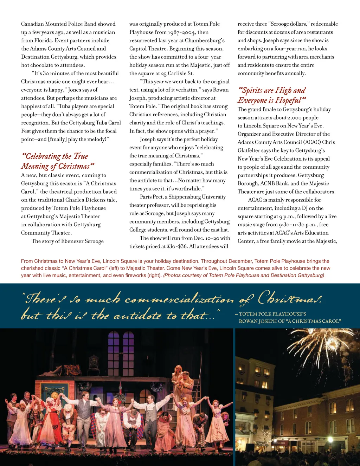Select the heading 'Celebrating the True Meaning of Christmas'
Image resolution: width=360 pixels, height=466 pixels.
coord(57,161)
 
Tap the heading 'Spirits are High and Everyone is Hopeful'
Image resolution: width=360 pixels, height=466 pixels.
coord(272,95)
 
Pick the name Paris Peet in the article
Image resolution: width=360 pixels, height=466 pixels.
coord(152,197)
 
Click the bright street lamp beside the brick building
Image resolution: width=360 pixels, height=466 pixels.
coord(330,439)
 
